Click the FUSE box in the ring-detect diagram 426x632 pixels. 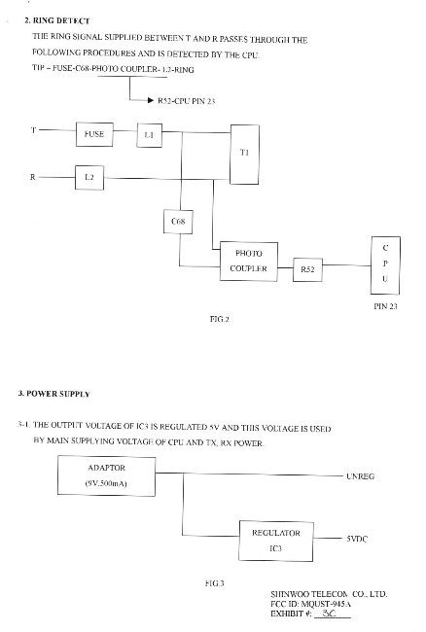(94, 134)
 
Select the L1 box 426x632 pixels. (150, 135)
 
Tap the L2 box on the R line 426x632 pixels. (89, 177)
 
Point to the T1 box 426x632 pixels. (245, 155)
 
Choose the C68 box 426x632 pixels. (178, 222)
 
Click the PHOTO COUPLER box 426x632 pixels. (249, 262)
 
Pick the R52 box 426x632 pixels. (307, 269)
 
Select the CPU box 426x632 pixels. (385, 265)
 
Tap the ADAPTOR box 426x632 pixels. (106, 475)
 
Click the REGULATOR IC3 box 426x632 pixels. (276, 541)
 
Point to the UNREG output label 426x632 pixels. (360, 476)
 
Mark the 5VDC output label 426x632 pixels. (357, 539)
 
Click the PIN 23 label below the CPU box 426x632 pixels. (385, 306)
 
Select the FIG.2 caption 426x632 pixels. (219, 319)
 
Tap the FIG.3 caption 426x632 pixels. (214, 582)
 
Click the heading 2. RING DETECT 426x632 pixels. (57, 20)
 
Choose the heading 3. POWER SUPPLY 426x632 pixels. (53, 394)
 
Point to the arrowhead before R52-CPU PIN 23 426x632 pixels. (151, 100)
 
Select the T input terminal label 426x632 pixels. (33, 130)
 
